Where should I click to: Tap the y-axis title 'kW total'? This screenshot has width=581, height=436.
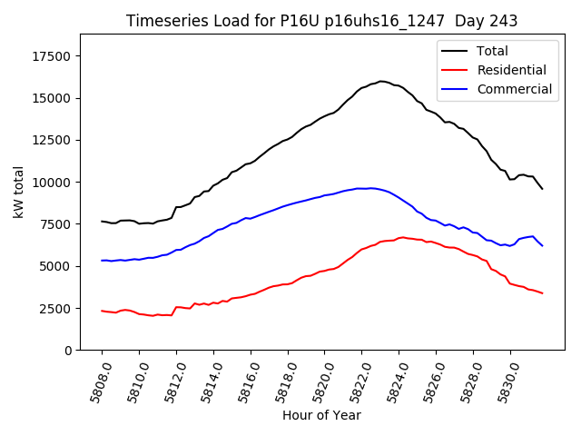click(x=18, y=192)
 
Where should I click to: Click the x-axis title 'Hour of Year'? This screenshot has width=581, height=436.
click(x=321, y=415)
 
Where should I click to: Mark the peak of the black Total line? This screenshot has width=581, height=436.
click(x=381, y=81)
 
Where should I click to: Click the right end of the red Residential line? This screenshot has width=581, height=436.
click(x=542, y=292)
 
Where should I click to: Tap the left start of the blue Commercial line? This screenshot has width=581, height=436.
click(x=102, y=261)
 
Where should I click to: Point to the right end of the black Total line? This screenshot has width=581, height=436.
click(x=542, y=188)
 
